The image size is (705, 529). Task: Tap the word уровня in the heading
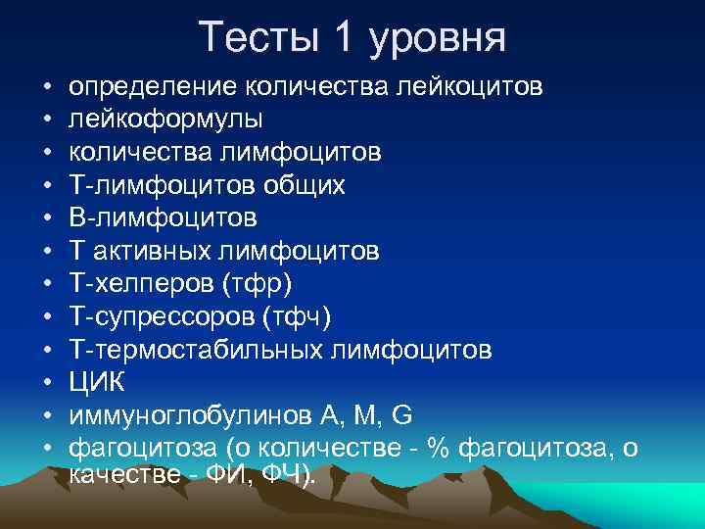click(439, 41)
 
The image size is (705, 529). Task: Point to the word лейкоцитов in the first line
click(468, 89)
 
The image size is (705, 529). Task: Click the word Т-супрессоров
click(157, 316)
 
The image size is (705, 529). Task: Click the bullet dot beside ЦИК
click(47, 381)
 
